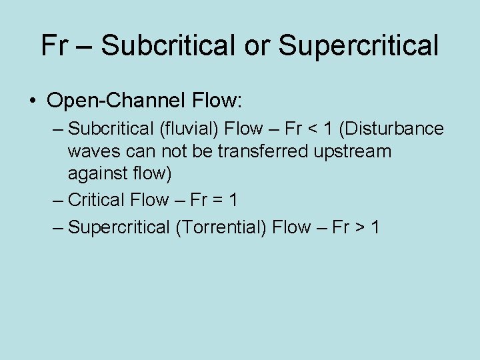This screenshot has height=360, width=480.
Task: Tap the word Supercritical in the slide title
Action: (358, 45)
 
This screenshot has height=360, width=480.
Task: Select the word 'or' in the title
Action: (259, 45)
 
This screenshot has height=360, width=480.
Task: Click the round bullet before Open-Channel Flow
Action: (33, 102)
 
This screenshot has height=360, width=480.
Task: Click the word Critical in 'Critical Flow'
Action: (96, 199)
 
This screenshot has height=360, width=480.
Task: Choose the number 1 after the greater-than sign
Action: (376, 227)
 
